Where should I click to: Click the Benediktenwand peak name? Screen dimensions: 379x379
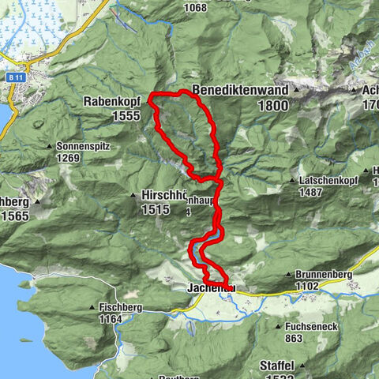click(x=239, y=89)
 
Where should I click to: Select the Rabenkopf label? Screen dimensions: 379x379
click(x=111, y=101)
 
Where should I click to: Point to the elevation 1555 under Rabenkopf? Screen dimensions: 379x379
click(x=125, y=115)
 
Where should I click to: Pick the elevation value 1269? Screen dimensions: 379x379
click(x=69, y=157)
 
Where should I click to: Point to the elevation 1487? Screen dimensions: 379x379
click(x=313, y=192)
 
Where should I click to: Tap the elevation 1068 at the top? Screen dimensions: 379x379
click(x=193, y=8)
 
